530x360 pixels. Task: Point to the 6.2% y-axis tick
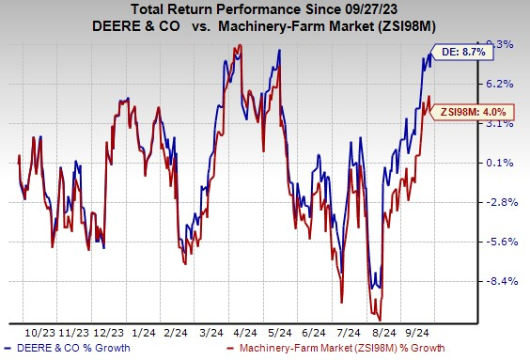point(499,84)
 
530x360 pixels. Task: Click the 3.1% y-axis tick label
point(499,123)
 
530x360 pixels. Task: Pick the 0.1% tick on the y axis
point(499,163)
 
